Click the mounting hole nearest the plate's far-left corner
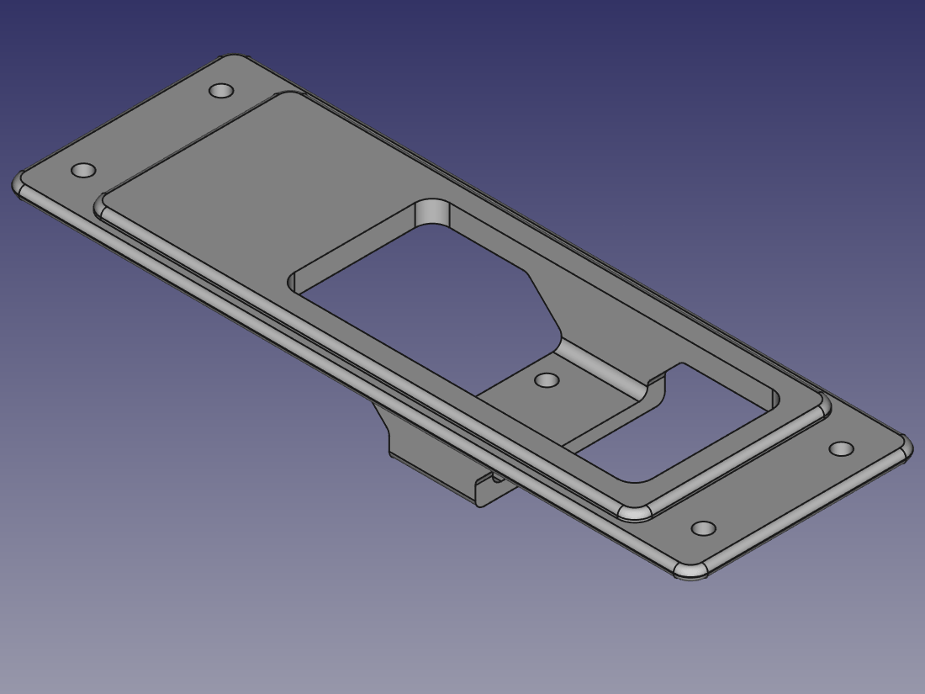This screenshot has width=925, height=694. pyautogui.click(x=83, y=171)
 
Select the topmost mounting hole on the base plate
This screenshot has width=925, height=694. pyautogui.click(x=221, y=90)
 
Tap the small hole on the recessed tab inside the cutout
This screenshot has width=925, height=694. pyautogui.click(x=547, y=380)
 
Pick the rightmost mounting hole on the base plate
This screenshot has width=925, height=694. pyautogui.click(x=841, y=448)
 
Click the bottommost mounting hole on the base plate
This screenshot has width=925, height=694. pyautogui.click(x=703, y=529)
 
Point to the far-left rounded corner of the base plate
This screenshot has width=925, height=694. pyautogui.click(x=19, y=185)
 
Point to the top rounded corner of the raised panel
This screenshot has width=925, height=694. pyautogui.click(x=286, y=95)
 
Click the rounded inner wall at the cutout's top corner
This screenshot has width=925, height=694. pyautogui.click(x=433, y=213)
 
